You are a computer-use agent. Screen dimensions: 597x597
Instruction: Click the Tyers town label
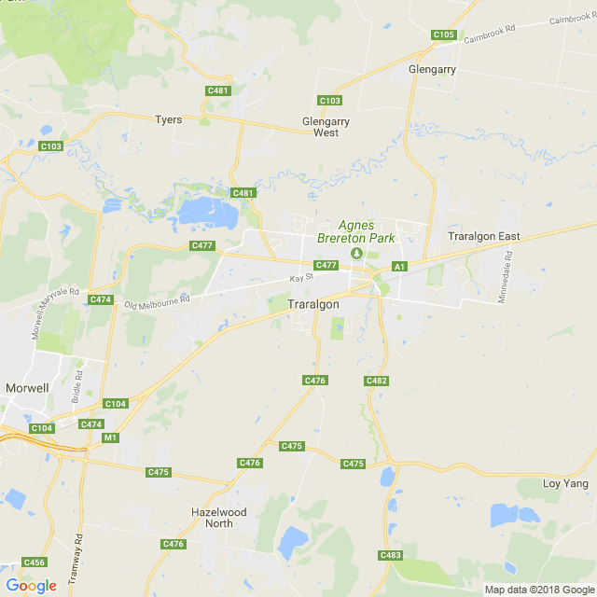[x=169, y=119]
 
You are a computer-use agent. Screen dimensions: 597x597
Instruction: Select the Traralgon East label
[x=483, y=236]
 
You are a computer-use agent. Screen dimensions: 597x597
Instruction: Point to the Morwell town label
[x=27, y=387]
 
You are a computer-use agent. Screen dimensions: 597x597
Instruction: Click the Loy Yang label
[x=565, y=483]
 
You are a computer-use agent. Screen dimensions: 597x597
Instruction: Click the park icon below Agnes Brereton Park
[x=354, y=253]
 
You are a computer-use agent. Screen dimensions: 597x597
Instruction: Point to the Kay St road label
[x=299, y=278]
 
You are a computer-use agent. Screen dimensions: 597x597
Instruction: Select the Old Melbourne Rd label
[x=157, y=302]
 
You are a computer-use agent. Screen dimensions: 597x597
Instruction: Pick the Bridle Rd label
[x=77, y=386]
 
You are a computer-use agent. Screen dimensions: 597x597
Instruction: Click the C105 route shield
[x=444, y=35]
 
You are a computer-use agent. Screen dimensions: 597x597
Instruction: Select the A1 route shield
[x=399, y=267]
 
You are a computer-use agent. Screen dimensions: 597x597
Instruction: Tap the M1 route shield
[x=111, y=437]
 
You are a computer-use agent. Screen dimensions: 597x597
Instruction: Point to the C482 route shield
[x=377, y=381]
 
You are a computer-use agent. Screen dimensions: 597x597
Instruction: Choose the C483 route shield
[x=391, y=555]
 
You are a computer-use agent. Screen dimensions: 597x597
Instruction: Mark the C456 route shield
[x=35, y=562]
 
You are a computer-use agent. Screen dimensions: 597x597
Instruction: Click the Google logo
[x=31, y=586]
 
